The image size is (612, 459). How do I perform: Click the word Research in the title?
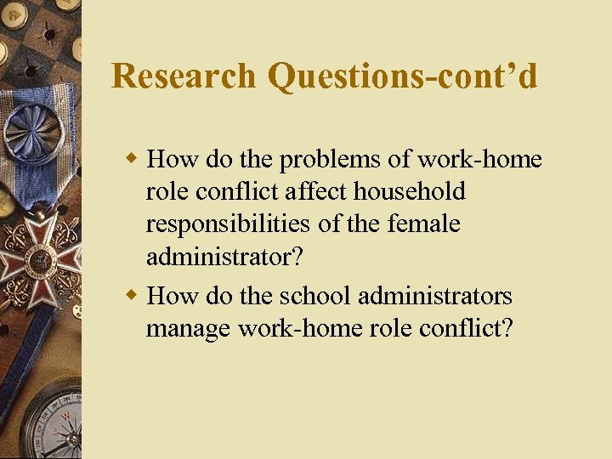coord(184,76)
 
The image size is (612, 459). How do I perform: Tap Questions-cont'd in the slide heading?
coord(402,77)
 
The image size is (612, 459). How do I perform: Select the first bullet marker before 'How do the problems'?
coord(132,157)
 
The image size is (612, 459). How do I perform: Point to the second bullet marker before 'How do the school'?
coord(132,294)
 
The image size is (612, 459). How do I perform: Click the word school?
coord(314,296)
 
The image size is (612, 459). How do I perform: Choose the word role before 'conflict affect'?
coord(166,192)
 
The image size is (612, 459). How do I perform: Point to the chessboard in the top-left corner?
coord(38,34)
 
